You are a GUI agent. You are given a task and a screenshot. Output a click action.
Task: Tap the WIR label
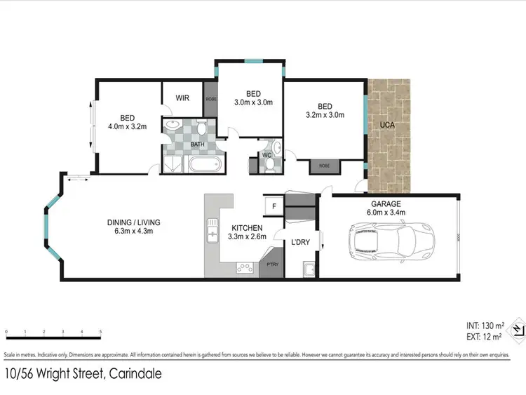tap(183, 98)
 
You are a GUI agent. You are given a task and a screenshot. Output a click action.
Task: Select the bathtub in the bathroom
tap(204, 166)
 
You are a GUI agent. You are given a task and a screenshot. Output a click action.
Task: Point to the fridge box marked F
tap(273, 207)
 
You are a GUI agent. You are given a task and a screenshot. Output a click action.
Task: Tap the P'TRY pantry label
tap(271, 265)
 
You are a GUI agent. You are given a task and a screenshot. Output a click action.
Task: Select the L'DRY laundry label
tap(300, 242)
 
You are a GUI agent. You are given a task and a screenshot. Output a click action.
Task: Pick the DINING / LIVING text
tap(138, 222)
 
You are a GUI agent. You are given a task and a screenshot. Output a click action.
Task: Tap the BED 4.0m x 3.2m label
tap(127, 122)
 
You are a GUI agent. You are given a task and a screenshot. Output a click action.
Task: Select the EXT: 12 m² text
tap(483, 337)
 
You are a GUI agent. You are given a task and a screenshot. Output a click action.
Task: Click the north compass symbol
tap(517, 329)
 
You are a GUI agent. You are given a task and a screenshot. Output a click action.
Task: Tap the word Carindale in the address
tap(134, 374)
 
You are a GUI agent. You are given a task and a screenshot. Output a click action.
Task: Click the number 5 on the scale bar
tap(100, 331)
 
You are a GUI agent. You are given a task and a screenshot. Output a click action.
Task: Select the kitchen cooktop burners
tap(244, 267)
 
